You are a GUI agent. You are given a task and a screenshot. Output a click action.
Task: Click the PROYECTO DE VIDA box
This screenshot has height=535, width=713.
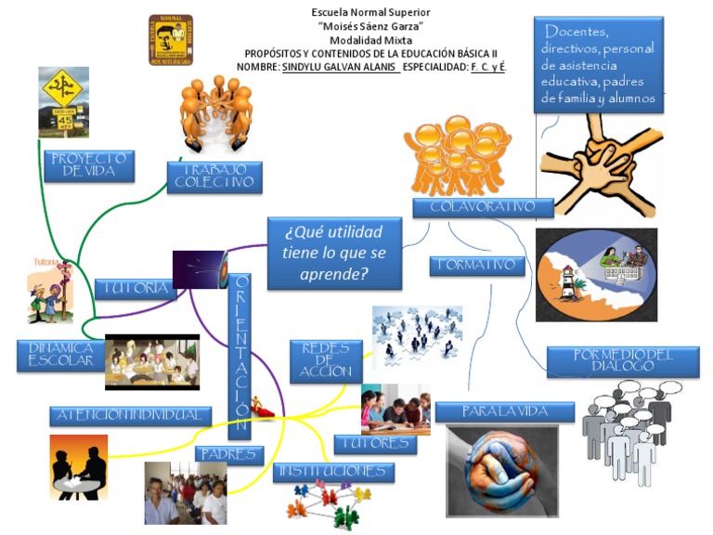click(x=88, y=165)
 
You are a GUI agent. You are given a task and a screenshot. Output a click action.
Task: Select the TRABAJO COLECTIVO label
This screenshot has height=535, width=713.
click(x=214, y=176)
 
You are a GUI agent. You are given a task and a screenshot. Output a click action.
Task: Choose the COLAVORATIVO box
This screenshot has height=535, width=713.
click(x=483, y=207)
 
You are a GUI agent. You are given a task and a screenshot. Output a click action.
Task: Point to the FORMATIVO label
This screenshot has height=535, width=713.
click(x=477, y=266)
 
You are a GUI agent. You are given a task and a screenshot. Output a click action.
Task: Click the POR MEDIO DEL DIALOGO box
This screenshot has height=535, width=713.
click(x=622, y=360)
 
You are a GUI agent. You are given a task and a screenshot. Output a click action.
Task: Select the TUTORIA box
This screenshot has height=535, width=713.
click(x=136, y=289)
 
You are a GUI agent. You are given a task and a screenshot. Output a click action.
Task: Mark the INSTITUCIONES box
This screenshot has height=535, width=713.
click(x=333, y=472)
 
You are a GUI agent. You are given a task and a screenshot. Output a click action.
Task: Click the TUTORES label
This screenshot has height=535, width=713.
click(x=375, y=444)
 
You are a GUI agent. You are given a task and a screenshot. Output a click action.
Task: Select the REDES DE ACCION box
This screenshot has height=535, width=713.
click(x=326, y=360)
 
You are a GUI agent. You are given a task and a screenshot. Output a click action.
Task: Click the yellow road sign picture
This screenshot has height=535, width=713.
click(x=64, y=99)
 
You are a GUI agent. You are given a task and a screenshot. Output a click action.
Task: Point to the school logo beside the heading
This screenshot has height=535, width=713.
click(x=171, y=40)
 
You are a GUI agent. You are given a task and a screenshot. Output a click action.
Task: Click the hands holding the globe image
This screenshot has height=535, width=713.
click(x=501, y=469)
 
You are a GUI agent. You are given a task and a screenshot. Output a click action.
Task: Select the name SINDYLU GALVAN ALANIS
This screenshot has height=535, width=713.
click(x=340, y=68)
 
